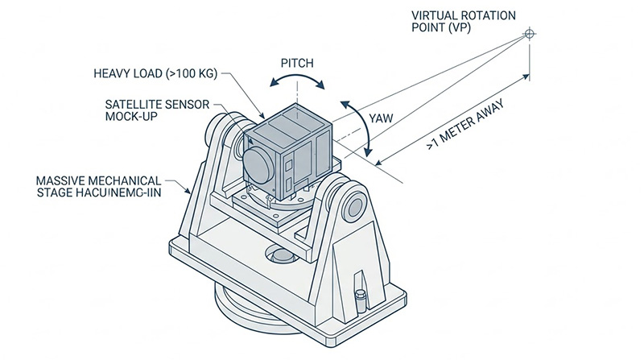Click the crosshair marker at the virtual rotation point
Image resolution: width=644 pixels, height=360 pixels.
[529, 33]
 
